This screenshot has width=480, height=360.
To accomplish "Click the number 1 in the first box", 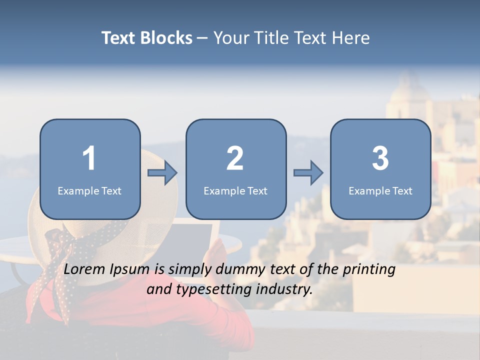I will click(x=89, y=158).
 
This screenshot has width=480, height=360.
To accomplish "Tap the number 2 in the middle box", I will click(x=235, y=158).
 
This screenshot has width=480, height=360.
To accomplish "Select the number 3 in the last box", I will click(x=380, y=158).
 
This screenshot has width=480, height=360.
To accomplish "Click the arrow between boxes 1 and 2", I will click(x=163, y=173).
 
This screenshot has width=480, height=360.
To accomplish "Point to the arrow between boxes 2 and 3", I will click(x=308, y=173).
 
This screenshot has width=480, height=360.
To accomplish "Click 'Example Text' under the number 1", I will click(x=89, y=191).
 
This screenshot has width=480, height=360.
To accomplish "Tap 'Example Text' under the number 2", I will click(x=235, y=191).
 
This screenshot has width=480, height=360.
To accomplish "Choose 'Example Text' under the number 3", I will click(x=380, y=191).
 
